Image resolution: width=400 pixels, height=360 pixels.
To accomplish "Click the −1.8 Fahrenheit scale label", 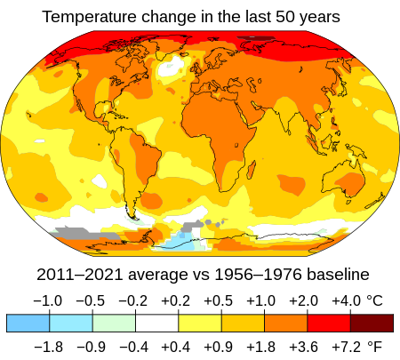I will point(48,347).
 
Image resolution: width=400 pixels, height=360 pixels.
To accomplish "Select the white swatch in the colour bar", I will point(156,323).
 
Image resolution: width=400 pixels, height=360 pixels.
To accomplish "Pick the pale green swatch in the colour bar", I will point(114,323).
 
